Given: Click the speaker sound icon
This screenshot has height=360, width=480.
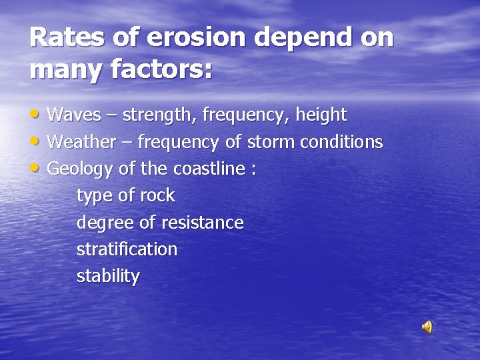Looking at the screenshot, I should [427, 327].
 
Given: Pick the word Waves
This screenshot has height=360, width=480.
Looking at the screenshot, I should [72, 115].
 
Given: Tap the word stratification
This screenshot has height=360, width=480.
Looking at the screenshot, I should [127, 249].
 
